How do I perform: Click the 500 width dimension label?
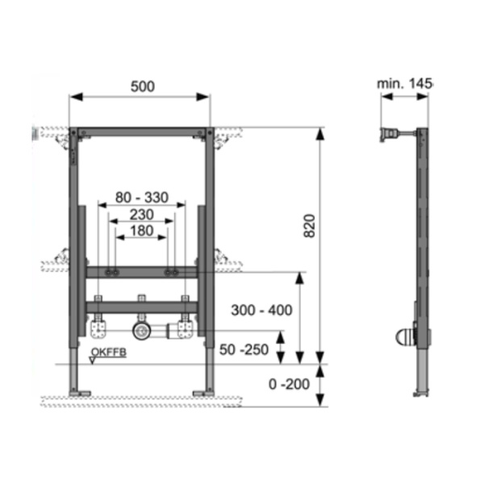tap(141, 86)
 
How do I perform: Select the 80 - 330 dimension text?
tap(143, 197)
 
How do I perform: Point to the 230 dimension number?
tap(142, 215)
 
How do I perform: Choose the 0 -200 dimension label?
tap(290, 385)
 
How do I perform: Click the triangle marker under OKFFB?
tap(95, 361)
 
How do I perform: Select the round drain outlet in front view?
tap(142, 330)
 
